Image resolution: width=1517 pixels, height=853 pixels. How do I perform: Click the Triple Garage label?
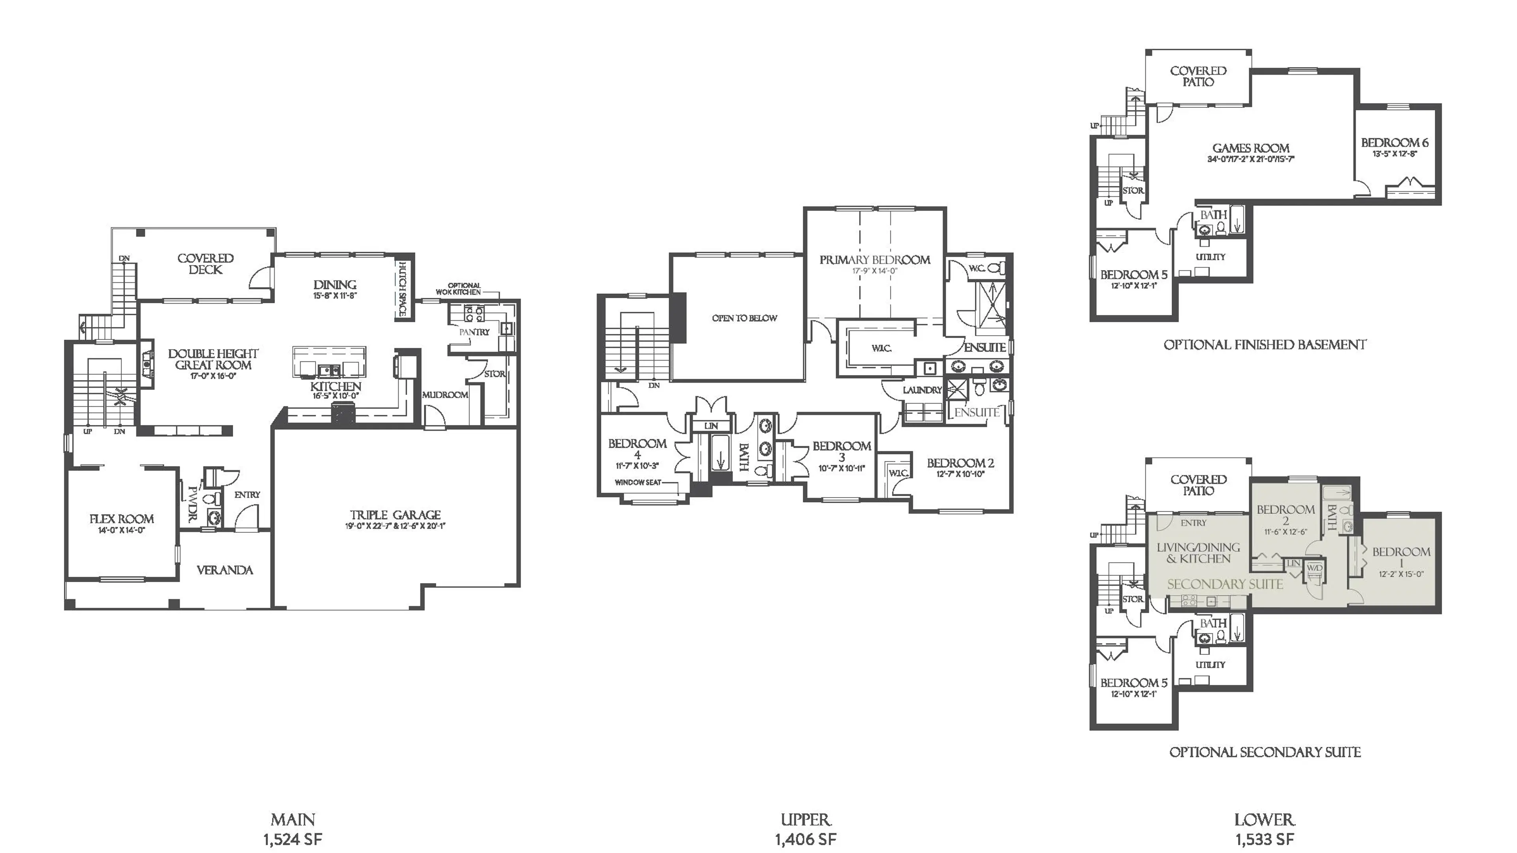[x=395, y=515]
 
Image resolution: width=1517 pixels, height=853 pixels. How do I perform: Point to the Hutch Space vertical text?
[x=403, y=288]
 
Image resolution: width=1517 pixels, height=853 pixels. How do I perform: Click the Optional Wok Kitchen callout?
[x=459, y=288]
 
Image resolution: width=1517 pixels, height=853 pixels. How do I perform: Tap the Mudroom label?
[x=445, y=395]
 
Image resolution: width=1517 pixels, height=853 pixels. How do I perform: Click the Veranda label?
[x=224, y=570]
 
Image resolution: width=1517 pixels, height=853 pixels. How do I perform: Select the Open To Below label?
[x=744, y=318]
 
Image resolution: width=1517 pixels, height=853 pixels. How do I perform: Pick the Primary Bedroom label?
[x=875, y=259]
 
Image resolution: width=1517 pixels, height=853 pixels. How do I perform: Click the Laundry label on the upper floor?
[x=922, y=390]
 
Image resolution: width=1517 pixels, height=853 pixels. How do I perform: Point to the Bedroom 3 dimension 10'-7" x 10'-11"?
[x=841, y=469]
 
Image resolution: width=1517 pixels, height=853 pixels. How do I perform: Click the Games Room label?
[x=1250, y=148]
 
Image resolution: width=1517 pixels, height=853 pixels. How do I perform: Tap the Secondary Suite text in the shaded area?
[x=1225, y=584]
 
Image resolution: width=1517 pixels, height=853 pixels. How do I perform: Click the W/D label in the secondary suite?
[x=1315, y=568]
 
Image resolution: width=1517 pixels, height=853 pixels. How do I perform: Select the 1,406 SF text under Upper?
[x=805, y=839]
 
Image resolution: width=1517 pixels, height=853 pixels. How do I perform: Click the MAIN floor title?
[x=293, y=819]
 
